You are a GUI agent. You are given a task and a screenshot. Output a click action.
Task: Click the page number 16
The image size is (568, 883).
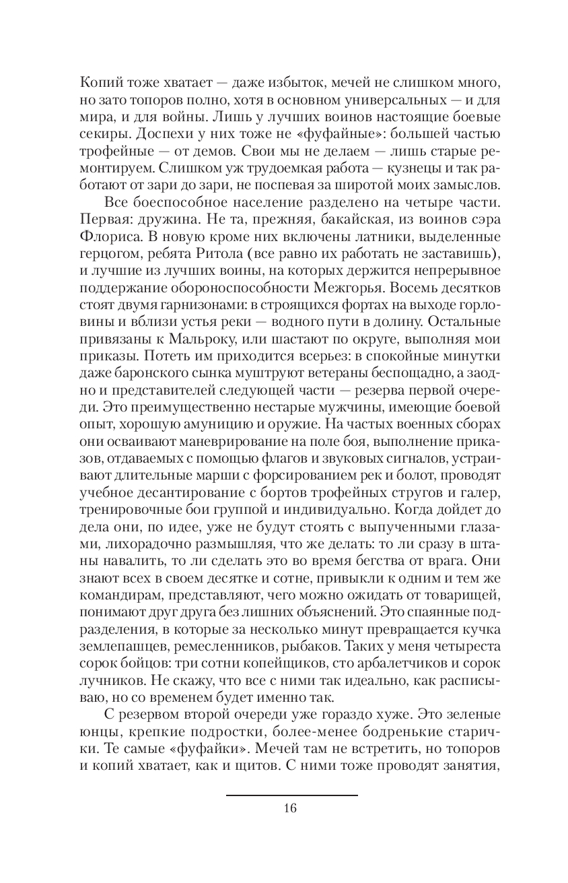click(291, 808)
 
